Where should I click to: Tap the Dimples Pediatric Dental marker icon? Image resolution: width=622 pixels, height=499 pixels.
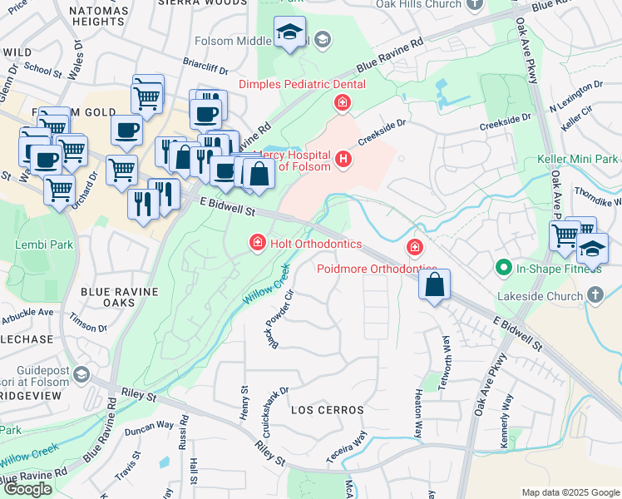341,103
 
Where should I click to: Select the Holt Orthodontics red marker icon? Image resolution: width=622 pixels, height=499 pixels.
258,243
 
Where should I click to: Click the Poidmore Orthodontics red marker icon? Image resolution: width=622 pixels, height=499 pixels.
413,247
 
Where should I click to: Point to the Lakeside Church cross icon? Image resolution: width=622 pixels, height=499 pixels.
595,294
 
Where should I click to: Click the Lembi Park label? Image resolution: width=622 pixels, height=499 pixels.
38,245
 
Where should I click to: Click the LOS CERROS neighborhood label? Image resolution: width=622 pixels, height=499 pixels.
328,411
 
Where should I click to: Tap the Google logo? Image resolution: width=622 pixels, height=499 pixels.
27,489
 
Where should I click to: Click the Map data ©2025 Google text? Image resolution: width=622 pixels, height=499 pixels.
570,492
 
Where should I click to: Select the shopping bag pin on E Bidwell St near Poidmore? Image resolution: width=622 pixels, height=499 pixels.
435,285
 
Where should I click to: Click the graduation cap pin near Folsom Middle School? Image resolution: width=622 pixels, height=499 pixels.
289,33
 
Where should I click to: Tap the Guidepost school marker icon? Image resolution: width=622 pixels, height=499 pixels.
81,375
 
